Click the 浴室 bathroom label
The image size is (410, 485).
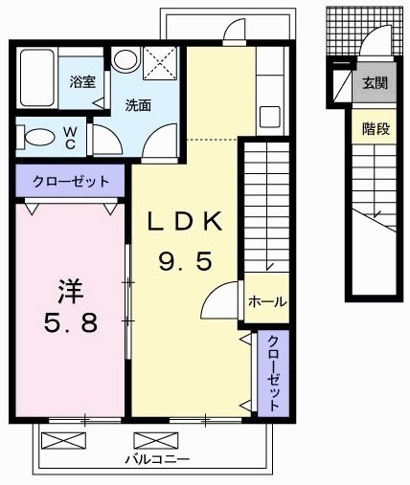click(82, 82)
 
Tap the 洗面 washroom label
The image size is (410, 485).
click(138, 105)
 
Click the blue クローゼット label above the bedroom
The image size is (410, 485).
click(69, 181)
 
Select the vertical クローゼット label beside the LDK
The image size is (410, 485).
click(273, 372)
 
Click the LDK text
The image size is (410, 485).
click(185, 223)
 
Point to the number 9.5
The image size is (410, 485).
click(185, 261)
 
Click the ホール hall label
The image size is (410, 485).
click(266, 301)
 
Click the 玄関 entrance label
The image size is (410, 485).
click(375, 83)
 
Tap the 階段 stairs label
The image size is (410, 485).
click(375, 128)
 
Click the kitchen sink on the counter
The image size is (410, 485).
click(269, 119)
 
